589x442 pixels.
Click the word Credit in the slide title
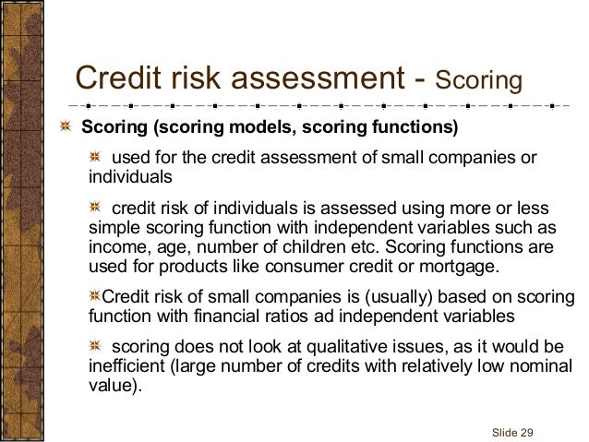pyautogui.click(x=115, y=78)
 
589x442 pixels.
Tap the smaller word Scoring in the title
pyautogui.click(x=479, y=81)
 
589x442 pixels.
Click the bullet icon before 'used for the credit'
pyautogui.click(x=95, y=156)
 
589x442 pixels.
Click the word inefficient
pyautogui.click(x=126, y=367)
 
